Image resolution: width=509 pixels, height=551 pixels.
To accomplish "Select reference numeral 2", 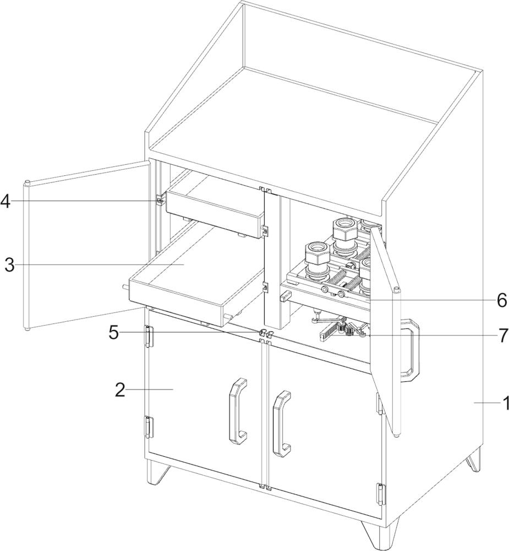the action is (120, 390).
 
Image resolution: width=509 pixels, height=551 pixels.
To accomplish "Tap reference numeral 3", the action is (10, 265).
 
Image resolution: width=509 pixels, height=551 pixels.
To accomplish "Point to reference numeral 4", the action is (6, 201).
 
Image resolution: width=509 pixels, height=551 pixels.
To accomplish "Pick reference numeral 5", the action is (113, 332).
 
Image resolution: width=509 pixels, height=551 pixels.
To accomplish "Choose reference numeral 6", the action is (502, 300).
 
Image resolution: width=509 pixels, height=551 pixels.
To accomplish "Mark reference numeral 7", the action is (503, 336).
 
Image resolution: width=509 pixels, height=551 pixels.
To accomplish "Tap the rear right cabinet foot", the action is (474, 458).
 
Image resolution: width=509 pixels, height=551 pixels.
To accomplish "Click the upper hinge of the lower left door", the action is (149, 336).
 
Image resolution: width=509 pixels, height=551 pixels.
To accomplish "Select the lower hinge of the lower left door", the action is (149, 427).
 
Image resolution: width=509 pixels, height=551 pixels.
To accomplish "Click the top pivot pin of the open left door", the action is (26, 183).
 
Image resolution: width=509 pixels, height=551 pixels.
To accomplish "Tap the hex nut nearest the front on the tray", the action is (317, 253).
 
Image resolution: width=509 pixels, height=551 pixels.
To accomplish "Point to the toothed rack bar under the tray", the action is (330, 328).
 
